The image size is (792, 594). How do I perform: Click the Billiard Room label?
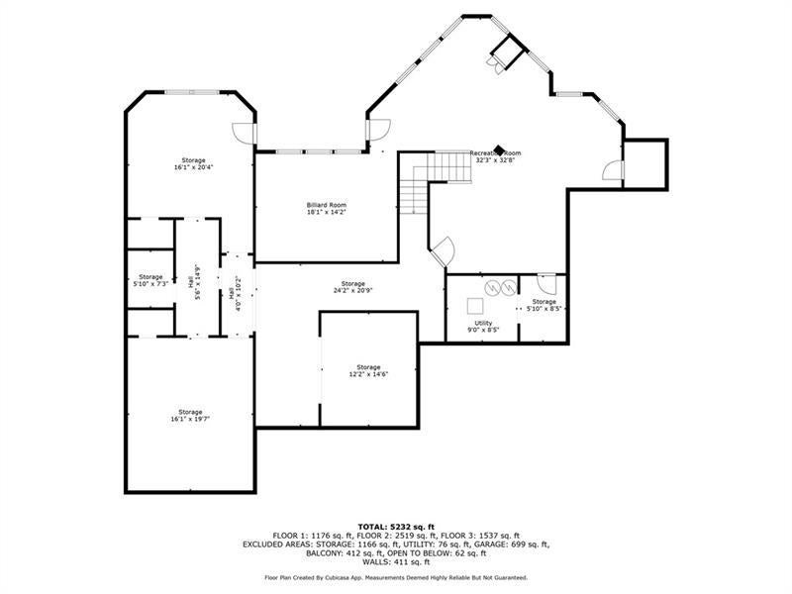(326, 209)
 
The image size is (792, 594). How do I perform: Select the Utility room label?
(483, 326)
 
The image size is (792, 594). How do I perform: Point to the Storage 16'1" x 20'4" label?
(193, 163)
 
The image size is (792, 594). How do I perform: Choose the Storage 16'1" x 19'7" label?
(190, 416)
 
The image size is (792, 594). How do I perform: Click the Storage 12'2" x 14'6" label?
(368, 370)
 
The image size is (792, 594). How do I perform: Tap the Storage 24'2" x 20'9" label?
(353, 287)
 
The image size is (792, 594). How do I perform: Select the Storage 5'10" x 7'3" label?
(150, 280)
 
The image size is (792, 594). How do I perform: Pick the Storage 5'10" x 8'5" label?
(544, 305)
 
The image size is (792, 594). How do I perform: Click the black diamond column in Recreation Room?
(501, 151)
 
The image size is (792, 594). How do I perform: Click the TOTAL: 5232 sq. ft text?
(396, 526)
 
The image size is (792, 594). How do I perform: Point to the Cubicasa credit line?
(396, 577)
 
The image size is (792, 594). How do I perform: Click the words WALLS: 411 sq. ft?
(396, 561)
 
